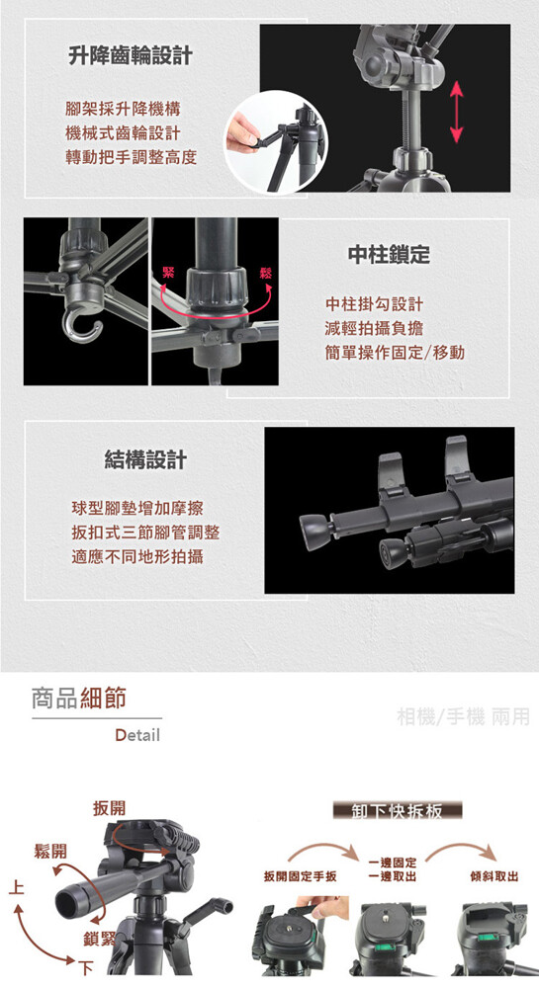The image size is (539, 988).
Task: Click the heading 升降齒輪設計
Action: pyautogui.click(x=130, y=55)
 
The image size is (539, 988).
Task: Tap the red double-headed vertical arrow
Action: pyautogui.click(x=457, y=113)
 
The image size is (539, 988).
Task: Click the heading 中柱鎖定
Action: pyautogui.click(x=389, y=254)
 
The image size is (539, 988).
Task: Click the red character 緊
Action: pyautogui.click(x=169, y=273)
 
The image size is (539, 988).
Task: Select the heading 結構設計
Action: pyautogui.click(x=145, y=460)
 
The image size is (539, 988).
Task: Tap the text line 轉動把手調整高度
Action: pyautogui.click(x=132, y=157)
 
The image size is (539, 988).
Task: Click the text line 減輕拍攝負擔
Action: pyautogui.click(x=375, y=328)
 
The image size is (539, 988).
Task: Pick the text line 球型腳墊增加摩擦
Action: pyautogui.click(x=137, y=508)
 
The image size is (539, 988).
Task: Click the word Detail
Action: pyautogui.click(x=137, y=735)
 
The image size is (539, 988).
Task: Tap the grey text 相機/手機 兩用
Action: pyautogui.click(x=464, y=716)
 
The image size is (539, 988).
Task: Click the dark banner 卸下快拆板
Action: pyautogui.click(x=398, y=810)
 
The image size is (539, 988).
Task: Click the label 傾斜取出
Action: pyautogui.click(x=494, y=876)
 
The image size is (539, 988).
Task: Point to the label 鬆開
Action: pyautogui.click(x=50, y=852)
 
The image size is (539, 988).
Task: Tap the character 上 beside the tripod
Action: pyautogui.click(x=16, y=888)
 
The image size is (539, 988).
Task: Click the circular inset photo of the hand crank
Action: pyautogui.click(x=277, y=141)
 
